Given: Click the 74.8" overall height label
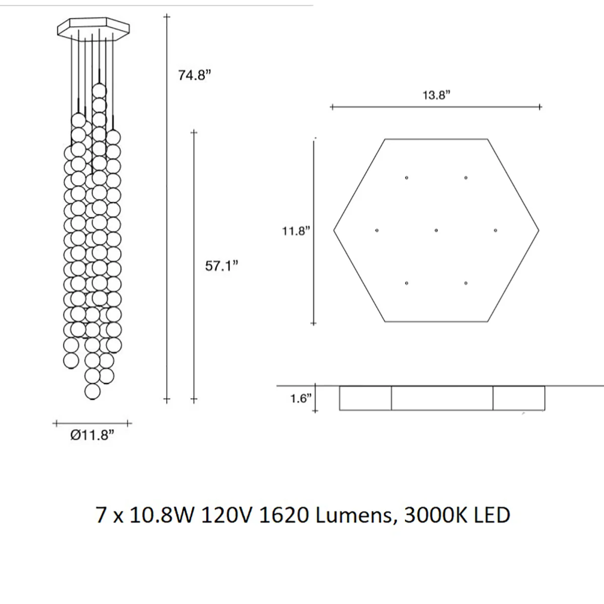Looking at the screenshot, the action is click(195, 75).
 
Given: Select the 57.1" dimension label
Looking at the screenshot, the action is click(221, 266).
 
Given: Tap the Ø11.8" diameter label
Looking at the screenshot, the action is click(92, 435).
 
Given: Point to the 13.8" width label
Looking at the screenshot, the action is click(436, 95).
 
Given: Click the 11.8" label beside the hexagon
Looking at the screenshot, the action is click(296, 232).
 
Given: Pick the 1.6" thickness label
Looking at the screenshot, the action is click(301, 398).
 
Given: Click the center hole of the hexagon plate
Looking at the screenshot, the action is click(436, 231).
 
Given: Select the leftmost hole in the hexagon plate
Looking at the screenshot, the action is click(377, 231).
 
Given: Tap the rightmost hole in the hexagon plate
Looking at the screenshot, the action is click(496, 231).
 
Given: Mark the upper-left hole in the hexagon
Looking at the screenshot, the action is click(407, 178).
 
